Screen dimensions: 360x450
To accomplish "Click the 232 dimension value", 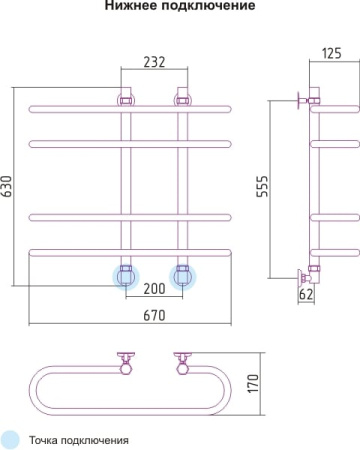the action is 154,62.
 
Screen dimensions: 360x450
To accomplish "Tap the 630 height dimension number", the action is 7,186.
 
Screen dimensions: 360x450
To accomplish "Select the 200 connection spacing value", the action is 154,289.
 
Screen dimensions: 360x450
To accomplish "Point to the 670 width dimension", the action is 154,315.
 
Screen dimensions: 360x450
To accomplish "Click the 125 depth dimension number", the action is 332,53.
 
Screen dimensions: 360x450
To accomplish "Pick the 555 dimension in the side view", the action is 262,186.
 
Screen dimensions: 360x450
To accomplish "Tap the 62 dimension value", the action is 306,294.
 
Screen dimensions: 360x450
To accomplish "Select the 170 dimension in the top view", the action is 253,383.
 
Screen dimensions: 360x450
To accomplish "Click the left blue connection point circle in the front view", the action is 126,277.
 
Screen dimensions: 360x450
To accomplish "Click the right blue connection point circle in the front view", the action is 183,277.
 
